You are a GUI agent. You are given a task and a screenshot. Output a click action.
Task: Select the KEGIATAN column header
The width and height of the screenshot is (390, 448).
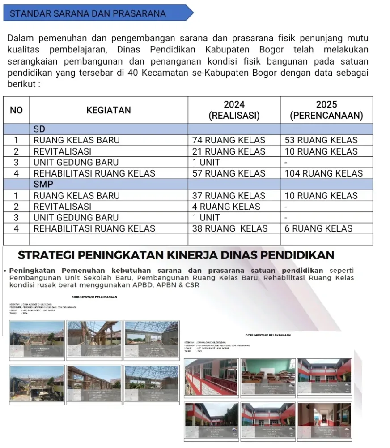(109, 110)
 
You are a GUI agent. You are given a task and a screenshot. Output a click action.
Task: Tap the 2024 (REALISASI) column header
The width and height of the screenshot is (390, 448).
(234, 110)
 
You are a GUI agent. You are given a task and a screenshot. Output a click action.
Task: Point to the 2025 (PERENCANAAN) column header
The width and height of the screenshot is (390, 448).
(326, 110)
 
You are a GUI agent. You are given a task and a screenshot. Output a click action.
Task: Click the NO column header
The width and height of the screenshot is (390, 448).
(16, 110)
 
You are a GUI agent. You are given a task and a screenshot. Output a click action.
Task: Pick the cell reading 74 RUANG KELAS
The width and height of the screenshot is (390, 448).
(229, 140)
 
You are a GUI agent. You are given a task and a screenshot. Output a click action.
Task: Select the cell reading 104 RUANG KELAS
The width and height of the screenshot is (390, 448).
(323, 173)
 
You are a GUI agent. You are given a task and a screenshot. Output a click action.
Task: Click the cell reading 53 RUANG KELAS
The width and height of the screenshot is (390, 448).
(321, 140)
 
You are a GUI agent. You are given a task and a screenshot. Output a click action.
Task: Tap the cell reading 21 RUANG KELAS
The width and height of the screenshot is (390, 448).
(229, 151)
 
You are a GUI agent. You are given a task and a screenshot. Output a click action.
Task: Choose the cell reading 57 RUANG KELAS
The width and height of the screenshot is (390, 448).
(229, 173)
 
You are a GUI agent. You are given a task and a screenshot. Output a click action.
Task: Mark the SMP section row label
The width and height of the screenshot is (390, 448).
(43, 184)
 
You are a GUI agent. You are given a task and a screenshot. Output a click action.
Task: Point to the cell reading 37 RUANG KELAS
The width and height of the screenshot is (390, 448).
(229, 195)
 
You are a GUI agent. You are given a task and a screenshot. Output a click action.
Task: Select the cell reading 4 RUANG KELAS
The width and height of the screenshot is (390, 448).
(226, 207)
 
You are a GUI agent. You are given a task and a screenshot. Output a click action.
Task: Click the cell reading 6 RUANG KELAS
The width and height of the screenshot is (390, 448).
(318, 228)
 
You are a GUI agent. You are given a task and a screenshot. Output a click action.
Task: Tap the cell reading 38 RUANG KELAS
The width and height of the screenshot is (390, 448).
(229, 228)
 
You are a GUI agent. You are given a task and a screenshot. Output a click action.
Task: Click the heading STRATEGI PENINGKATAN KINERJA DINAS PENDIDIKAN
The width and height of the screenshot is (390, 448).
(176, 255)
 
